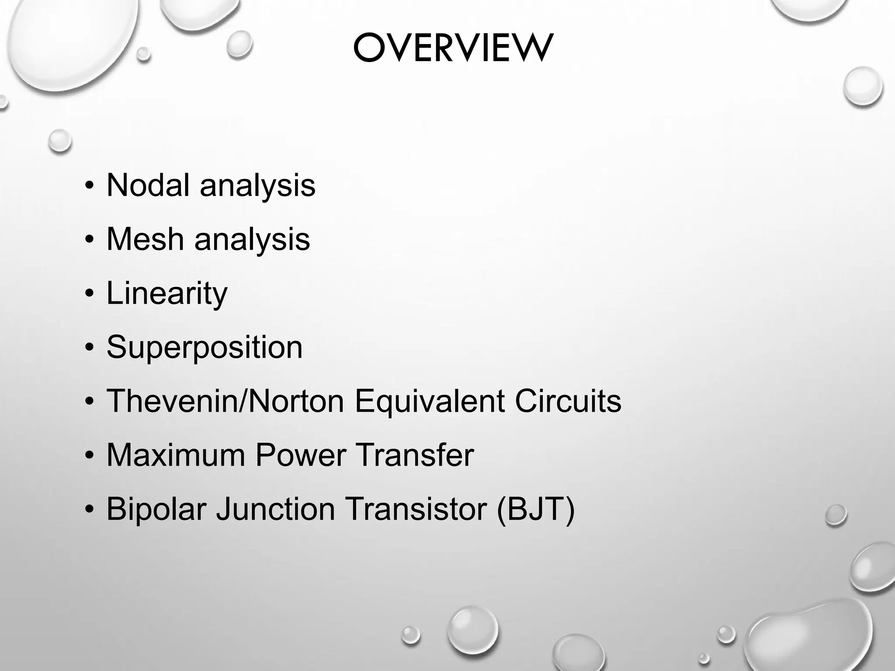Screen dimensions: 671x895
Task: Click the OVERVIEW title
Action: click(x=453, y=48)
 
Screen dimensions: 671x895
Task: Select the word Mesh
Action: click(x=145, y=239)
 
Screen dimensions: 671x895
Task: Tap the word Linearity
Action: click(x=167, y=294)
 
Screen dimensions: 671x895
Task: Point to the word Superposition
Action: click(x=205, y=348)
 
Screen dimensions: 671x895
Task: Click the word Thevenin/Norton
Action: click(x=225, y=401)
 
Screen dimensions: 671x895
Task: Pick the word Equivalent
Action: click(x=430, y=401)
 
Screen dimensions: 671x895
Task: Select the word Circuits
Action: click(x=568, y=401)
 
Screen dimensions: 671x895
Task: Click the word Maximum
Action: click(x=176, y=455)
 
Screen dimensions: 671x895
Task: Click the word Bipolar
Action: click(x=156, y=509)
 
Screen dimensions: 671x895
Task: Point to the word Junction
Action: click(x=276, y=509)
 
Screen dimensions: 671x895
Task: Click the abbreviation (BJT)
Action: click(x=536, y=509)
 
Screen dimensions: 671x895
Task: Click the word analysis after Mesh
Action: click(x=252, y=239)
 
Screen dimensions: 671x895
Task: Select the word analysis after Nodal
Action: click(x=257, y=185)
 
